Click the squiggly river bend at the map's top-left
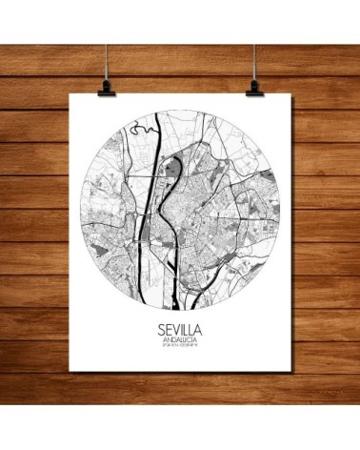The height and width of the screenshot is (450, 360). coord(142,130)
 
